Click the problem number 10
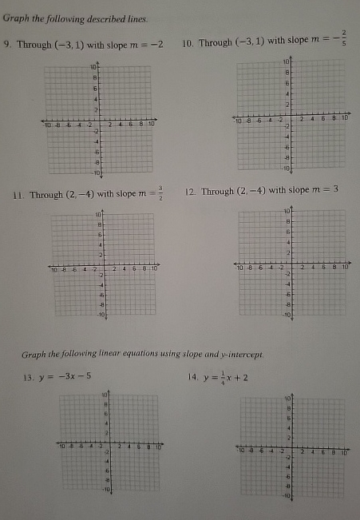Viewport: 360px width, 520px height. (188, 42)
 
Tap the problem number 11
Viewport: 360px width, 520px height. (16, 194)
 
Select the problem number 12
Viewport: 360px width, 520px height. (190, 192)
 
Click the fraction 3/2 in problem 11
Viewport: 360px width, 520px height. (160, 193)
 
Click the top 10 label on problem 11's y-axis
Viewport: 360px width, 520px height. (99, 215)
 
